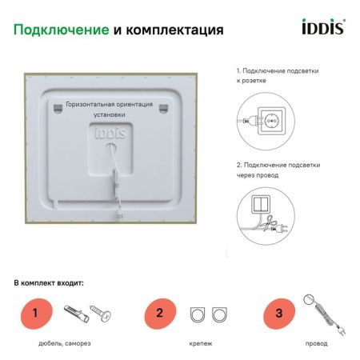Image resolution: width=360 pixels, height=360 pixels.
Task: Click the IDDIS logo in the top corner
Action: pyautogui.click(x=322, y=30)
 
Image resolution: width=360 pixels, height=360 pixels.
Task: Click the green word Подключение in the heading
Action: pyautogui.click(x=62, y=30)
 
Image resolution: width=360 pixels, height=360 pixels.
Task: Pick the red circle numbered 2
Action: pyautogui.click(x=159, y=313)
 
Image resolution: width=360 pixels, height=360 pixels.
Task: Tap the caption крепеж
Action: pyautogui.click(x=202, y=343)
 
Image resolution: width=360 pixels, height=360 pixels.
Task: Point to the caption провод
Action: pyautogui.click(x=316, y=343)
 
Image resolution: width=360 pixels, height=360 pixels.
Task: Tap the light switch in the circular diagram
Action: pyautogui.click(x=262, y=203)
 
